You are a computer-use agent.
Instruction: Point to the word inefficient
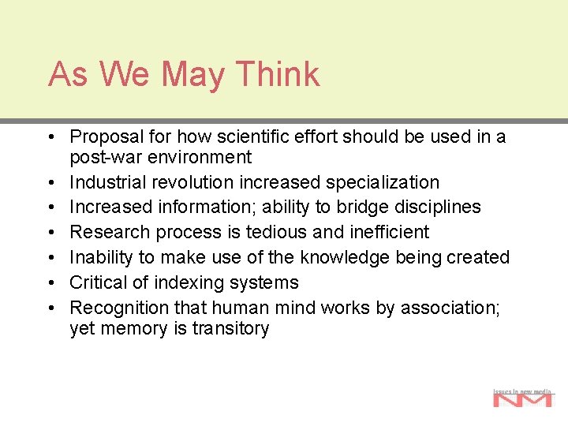coord(387,233)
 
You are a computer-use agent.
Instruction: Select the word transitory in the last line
coord(231,328)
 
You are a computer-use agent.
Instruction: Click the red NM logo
coord(522,399)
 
